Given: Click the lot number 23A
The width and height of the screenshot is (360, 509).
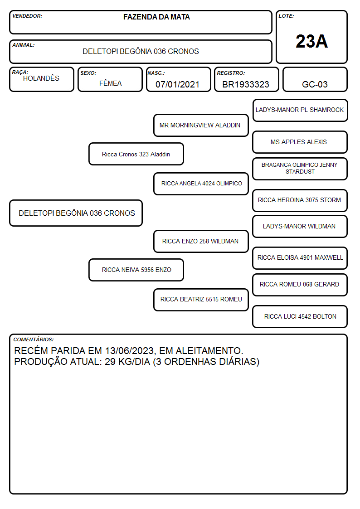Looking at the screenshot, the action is coord(311,41).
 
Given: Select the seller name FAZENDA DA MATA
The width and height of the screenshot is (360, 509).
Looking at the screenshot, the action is coord(156,17).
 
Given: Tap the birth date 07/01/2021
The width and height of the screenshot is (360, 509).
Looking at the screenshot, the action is coord(177,84).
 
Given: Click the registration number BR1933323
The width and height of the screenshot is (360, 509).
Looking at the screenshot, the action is coord(246,84).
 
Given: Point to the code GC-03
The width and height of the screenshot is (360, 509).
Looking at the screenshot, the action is coord(315,84).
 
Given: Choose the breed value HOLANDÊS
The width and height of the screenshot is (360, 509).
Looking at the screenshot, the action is coord(41,78).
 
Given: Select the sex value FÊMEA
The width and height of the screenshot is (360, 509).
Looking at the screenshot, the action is coord(110,83).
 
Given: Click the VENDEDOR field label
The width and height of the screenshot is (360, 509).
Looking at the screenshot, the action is coord(27,16).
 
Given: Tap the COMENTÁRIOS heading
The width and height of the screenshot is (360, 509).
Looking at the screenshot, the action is coord(34,339).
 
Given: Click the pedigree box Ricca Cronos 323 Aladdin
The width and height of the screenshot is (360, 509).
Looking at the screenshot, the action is coord(136,154).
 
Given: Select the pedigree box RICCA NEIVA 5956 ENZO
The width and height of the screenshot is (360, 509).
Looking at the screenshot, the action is coord(136,270).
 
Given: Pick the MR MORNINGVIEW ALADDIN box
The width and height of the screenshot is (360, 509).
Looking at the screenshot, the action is coord(201,125).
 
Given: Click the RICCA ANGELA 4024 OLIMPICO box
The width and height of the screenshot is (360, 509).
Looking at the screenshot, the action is coord(201,184).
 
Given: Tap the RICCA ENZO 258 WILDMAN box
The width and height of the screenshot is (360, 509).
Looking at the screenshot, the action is coord(201,241).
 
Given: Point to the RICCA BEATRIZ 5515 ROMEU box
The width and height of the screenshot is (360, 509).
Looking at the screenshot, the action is coord(201,300).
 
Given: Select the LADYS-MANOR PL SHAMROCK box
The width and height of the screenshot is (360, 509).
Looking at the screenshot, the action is coord(300,111).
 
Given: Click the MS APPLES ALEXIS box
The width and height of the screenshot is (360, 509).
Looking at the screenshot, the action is coord(300,142).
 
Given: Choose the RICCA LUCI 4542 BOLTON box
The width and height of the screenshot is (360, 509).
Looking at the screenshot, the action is coord(300,316).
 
